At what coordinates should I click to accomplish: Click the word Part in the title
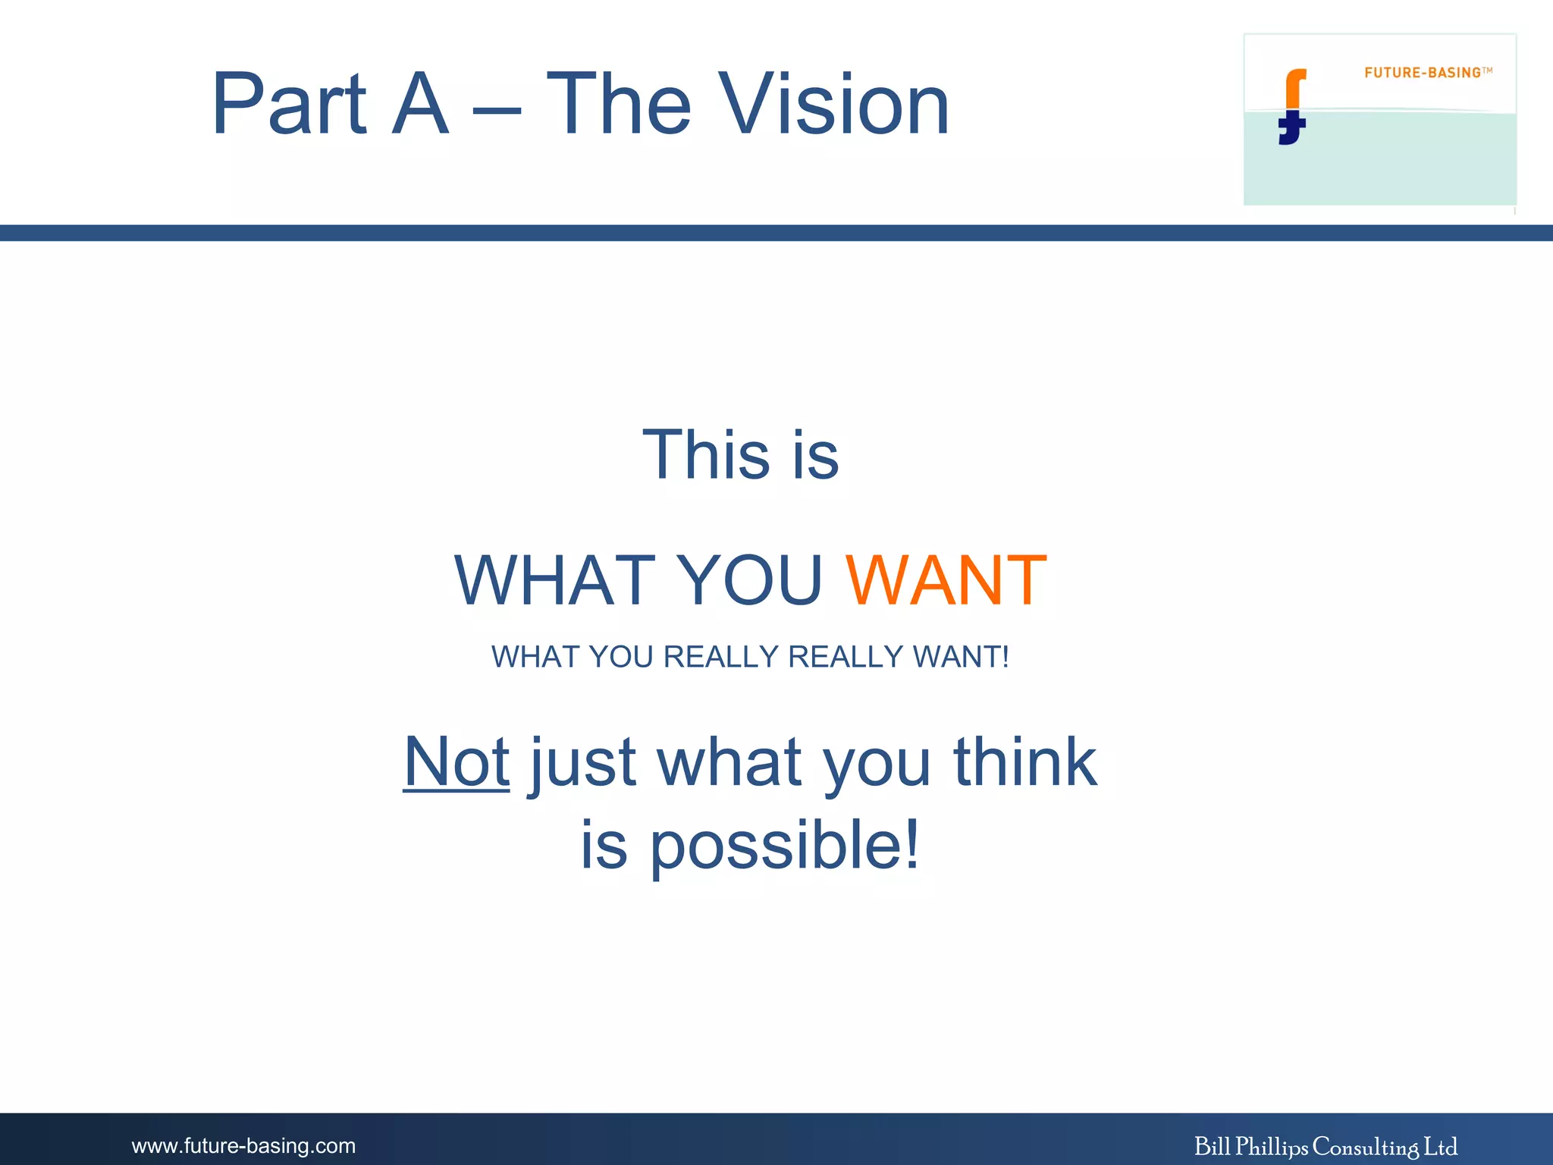[289, 105]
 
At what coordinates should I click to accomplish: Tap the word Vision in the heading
[834, 105]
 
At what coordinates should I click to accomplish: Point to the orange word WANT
[946, 581]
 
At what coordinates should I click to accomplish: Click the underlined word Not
[456, 761]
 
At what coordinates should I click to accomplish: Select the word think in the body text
[1024, 761]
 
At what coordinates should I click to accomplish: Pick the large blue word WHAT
[555, 581]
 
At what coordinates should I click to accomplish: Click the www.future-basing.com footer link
[243, 1145]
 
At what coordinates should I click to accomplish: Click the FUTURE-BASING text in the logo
[1423, 73]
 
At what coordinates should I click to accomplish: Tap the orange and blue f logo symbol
[1293, 106]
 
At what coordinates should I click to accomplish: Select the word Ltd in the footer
[1440, 1146]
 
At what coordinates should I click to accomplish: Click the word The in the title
[618, 105]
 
